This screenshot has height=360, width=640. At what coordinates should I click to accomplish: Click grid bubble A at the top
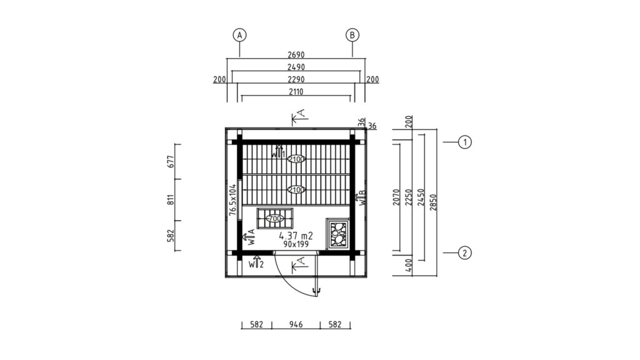(239, 35)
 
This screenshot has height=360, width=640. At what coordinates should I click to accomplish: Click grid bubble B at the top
(352, 35)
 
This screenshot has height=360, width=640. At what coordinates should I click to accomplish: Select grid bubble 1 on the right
(464, 142)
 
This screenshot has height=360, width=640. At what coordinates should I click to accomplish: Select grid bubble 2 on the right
(464, 253)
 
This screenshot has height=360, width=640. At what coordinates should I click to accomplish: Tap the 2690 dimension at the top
(296, 54)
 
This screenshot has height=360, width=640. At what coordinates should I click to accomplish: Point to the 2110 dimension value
(296, 92)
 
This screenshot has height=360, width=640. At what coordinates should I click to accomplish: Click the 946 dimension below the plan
(296, 325)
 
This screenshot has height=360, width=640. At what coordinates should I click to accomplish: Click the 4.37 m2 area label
(296, 235)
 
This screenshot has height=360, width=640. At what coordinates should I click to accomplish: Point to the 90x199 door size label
(296, 244)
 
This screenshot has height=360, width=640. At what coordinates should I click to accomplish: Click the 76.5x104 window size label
(232, 200)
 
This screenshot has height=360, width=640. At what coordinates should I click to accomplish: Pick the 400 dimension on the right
(410, 266)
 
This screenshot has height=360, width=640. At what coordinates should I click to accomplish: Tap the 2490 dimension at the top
(296, 67)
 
